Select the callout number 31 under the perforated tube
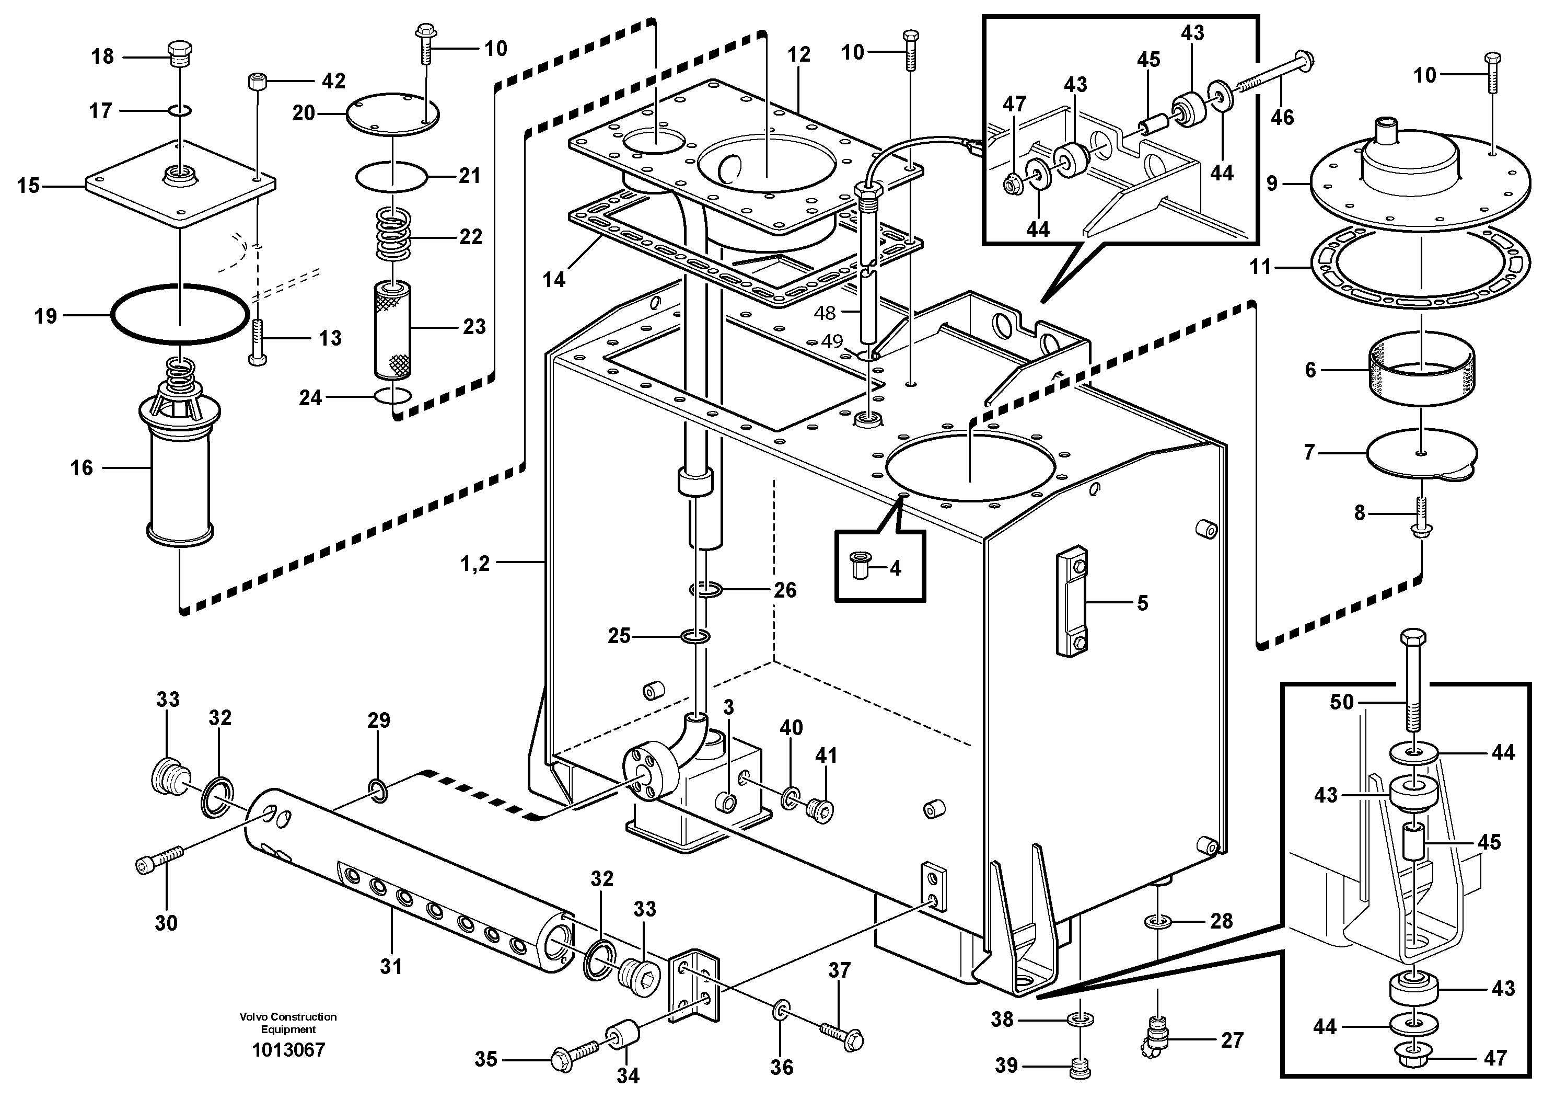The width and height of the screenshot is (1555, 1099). click(391, 966)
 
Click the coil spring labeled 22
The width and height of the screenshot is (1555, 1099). click(394, 233)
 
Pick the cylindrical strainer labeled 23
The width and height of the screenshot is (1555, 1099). click(393, 329)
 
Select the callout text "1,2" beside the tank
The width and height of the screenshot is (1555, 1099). click(475, 563)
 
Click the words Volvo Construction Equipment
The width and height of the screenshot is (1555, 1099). click(288, 1023)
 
